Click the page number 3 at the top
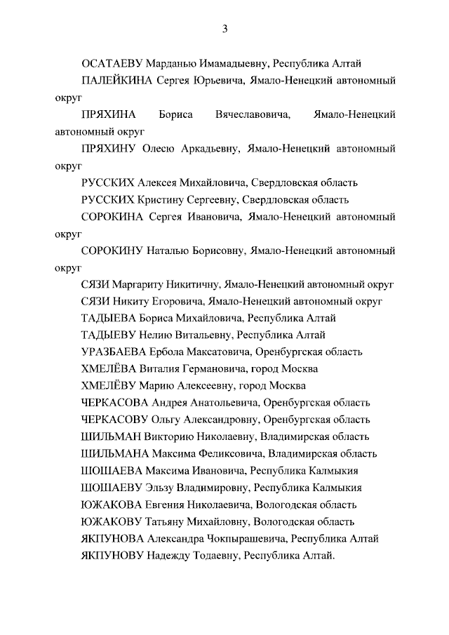(x=224, y=29)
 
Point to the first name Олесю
(x=162, y=149)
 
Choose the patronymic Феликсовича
(x=221, y=454)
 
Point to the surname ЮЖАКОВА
(x=113, y=504)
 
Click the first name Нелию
(x=158, y=335)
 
